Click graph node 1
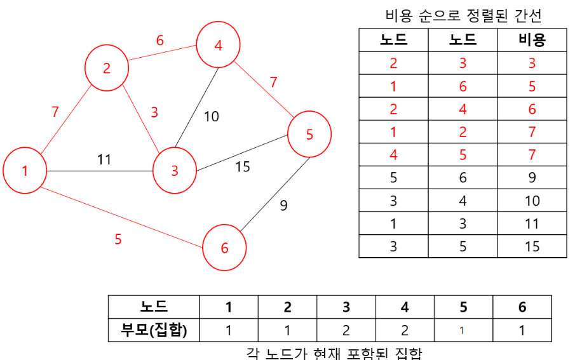tap(25, 171)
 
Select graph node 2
tap(107, 69)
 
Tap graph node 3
tap(174, 170)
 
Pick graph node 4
tap(218, 45)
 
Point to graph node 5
tap(309, 134)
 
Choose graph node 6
tap(224, 248)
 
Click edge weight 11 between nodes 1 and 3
tap(104, 159)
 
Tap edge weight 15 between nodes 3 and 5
tap(243, 167)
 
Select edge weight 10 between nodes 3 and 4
tap(211, 116)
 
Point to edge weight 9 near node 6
tap(283, 205)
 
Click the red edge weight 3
tap(154, 113)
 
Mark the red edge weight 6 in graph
tap(160, 41)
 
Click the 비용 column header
tap(532, 41)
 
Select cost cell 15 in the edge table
tap(532, 246)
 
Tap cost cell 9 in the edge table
tap(532, 178)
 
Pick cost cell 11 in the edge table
tap(532, 223)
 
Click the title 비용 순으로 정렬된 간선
tap(463, 15)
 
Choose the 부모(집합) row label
tap(154, 330)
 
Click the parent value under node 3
tap(346, 330)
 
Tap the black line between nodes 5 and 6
tap(273, 197)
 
